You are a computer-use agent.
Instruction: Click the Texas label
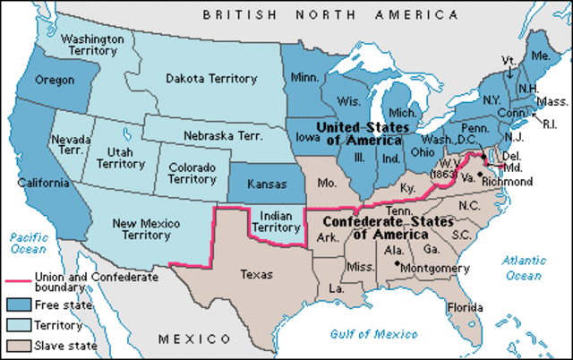click(257, 275)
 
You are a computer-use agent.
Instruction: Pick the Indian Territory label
click(273, 221)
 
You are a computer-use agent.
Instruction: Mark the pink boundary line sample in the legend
click(16, 279)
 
